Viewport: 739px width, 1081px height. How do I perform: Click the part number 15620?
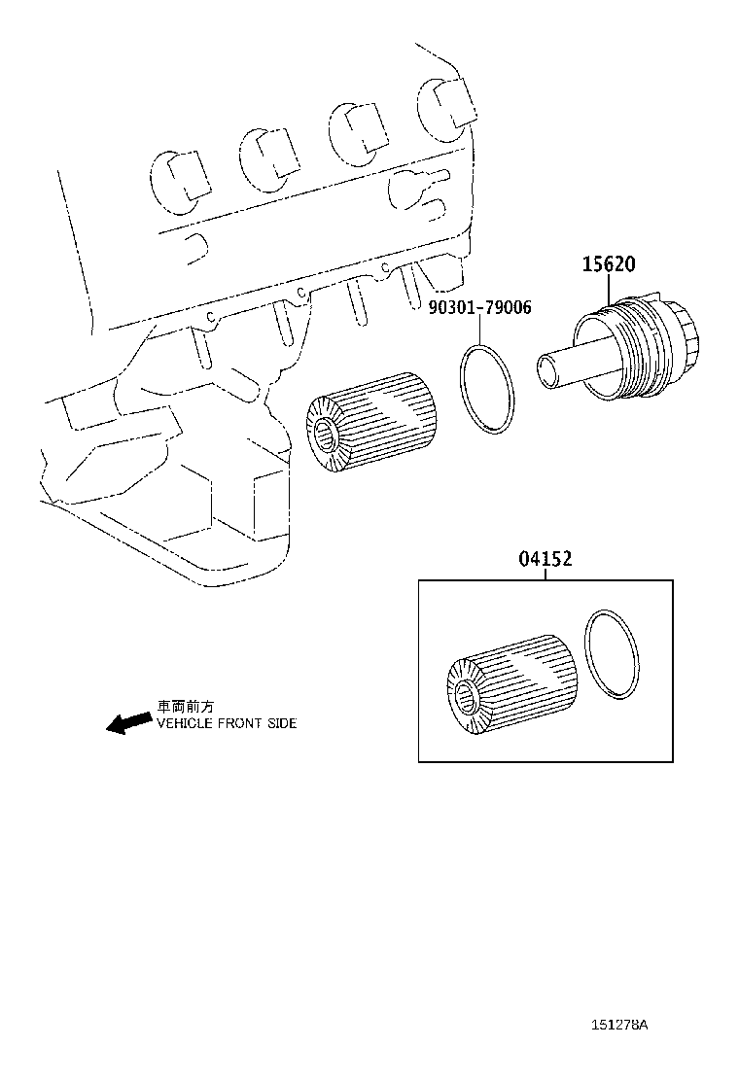(x=610, y=262)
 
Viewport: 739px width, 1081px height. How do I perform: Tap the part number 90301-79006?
(x=479, y=307)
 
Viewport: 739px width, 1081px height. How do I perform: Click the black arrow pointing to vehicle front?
(x=126, y=723)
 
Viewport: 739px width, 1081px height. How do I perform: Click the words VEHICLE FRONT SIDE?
(x=226, y=723)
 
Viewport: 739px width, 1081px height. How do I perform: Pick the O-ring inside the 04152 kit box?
(x=613, y=656)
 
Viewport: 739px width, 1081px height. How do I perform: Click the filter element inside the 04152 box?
(x=513, y=685)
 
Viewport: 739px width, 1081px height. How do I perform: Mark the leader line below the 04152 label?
(x=545, y=575)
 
